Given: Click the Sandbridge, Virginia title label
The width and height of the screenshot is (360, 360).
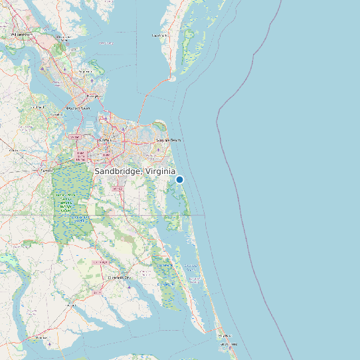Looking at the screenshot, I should [135, 171].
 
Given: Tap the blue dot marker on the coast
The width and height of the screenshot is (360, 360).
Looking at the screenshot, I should [179, 179].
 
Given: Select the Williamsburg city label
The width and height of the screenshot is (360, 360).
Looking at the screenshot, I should [22, 33].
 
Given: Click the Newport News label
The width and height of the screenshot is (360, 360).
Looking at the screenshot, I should [77, 107].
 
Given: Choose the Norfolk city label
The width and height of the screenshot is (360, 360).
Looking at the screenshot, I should [104, 141].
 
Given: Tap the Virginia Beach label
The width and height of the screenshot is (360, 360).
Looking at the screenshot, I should [168, 141].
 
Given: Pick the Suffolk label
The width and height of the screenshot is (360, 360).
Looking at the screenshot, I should [46, 170].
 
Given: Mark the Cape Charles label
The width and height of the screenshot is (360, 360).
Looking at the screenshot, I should [159, 35].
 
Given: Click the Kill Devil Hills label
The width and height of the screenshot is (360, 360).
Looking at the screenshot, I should [228, 345].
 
